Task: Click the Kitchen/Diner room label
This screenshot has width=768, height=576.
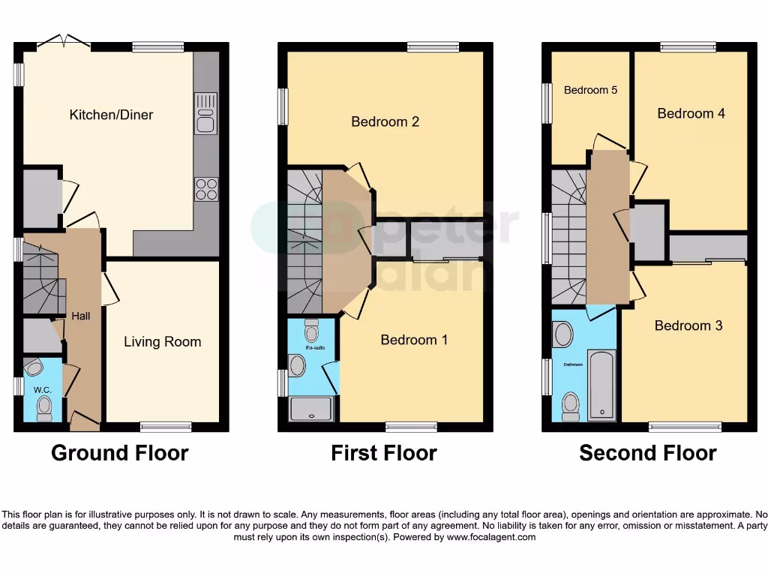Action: click(x=111, y=115)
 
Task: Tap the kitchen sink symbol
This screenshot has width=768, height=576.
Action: click(x=205, y=114)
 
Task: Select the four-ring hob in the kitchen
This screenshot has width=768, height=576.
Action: click(x=206, y=189)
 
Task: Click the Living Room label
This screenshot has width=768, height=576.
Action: click(x=162, y=342)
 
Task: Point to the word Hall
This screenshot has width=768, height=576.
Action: click(x=80, y=316)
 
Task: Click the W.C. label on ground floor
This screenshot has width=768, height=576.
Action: click(x=41, y=389)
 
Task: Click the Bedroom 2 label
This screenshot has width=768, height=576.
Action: click(x=385, y=121)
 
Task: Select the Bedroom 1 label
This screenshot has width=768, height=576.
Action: click(x=414, y=340)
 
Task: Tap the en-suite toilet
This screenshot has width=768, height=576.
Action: click(x=312, y=329)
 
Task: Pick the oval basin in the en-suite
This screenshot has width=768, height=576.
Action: click(x=298, y=366)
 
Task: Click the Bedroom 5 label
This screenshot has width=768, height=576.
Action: click(x=590, y=90)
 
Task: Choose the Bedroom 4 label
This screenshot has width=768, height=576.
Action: click(x=691, y=113)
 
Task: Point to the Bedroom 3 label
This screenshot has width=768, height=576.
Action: click(x=688, y=325)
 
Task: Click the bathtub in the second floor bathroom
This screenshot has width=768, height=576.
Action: click(x=602, y=384)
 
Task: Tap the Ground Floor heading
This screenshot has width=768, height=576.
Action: click(x=119, y=453)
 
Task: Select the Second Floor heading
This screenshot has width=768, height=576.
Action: click(x=647, y=453)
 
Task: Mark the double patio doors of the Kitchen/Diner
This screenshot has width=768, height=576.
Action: click(x=65, y=40)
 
